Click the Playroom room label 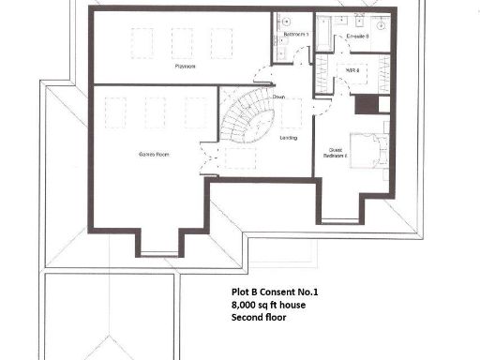[x=184, y=67]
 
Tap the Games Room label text [x=153, y=154]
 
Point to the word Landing [x=289, y=139]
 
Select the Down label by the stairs [x=279, y=97]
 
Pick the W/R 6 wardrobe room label [x=353, y=69]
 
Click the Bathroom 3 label [x=295, y=35]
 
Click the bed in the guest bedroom [x=369, y=150]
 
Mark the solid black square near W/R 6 [x=366, y=105]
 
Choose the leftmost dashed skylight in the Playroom [x=142, y=43]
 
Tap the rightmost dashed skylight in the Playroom [x=221, y=43]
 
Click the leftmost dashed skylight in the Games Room [x=115, y=112]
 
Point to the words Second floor [x=260, y=318]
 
